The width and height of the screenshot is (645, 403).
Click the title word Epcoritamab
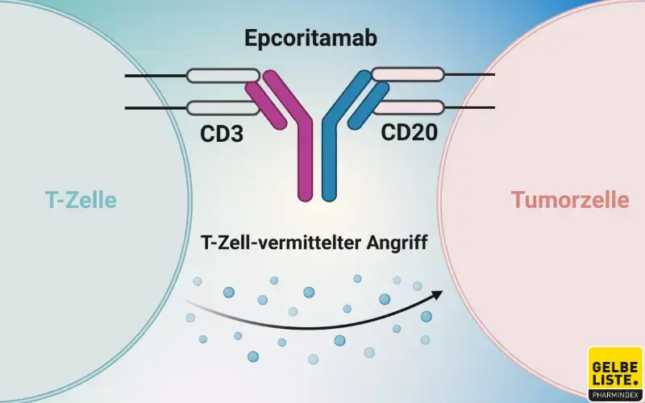tap(322, 38)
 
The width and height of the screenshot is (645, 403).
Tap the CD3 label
tap(222, 132)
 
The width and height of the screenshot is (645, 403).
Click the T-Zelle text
tap(81, 199)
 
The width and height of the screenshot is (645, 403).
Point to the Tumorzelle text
tap(569, 199)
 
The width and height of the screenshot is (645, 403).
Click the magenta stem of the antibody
tap(306, 165)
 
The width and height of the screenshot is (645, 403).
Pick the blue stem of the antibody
tap(329, 165)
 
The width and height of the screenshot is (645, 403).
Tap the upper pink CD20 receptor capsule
tap(408, 76)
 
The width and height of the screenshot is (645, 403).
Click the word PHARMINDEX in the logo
tap(615, 395)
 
